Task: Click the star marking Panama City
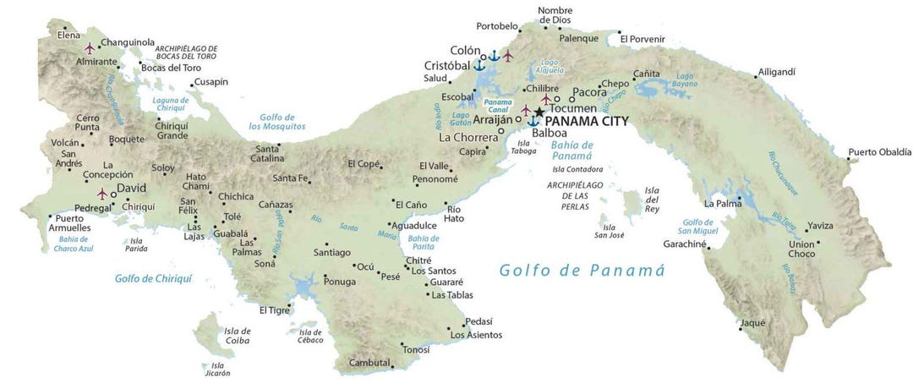pyautogui.click(x=539, y=112)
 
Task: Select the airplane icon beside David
pyautogui.click(x=103, y=194)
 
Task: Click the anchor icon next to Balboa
pyautogui.click(x=533, y=122)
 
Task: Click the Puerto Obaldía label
pyautogui.click(x=880, y=152)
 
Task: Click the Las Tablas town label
pyautogui.click(x=452, y=295)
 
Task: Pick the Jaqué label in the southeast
pyautogui.click(x=752, y=322)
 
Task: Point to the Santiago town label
pyautogui.click(x=331, y=252)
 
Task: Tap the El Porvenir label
pyautogui.click(x=642, y=39)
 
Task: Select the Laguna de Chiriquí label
pyautogui.click(x=170, y=104)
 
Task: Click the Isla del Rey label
pyautogui.click(x=651, y=199)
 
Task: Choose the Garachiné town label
pyautogui.click(x=685, y=243)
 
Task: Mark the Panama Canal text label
pyautogui.click(x=497, y=105)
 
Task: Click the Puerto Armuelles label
pyautogui.click(x=73, y=222)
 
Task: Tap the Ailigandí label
pyautogui.click(x=776, y=72)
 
